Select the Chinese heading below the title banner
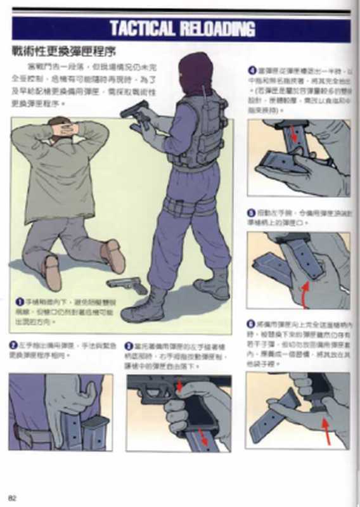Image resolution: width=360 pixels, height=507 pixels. point(63,51)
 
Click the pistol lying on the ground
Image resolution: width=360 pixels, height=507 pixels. point(127,285)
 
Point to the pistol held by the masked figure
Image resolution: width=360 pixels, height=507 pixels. point(134,115)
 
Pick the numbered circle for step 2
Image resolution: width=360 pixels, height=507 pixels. point(13,345)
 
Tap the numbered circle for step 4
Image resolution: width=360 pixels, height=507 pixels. point(252,71)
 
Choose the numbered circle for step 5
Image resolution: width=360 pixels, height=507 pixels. point(252,213)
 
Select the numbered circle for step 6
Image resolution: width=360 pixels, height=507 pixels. point(252,324)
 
